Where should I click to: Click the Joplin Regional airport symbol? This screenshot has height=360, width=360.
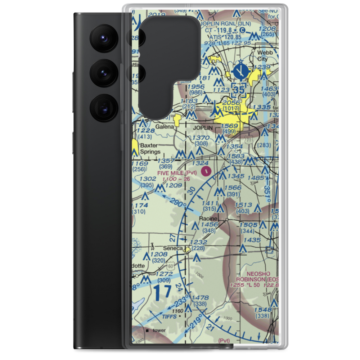[238, 71]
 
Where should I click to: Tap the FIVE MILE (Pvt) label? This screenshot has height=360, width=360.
[177, 173]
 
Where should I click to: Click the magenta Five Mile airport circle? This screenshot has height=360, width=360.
[206, 169]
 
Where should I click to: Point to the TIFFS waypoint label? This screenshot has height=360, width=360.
[169, 316]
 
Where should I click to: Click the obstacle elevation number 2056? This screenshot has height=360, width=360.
[231, 103]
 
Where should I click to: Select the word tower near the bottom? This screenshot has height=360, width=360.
[159, 330]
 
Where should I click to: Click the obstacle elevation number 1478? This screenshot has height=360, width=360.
[201, 298]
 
